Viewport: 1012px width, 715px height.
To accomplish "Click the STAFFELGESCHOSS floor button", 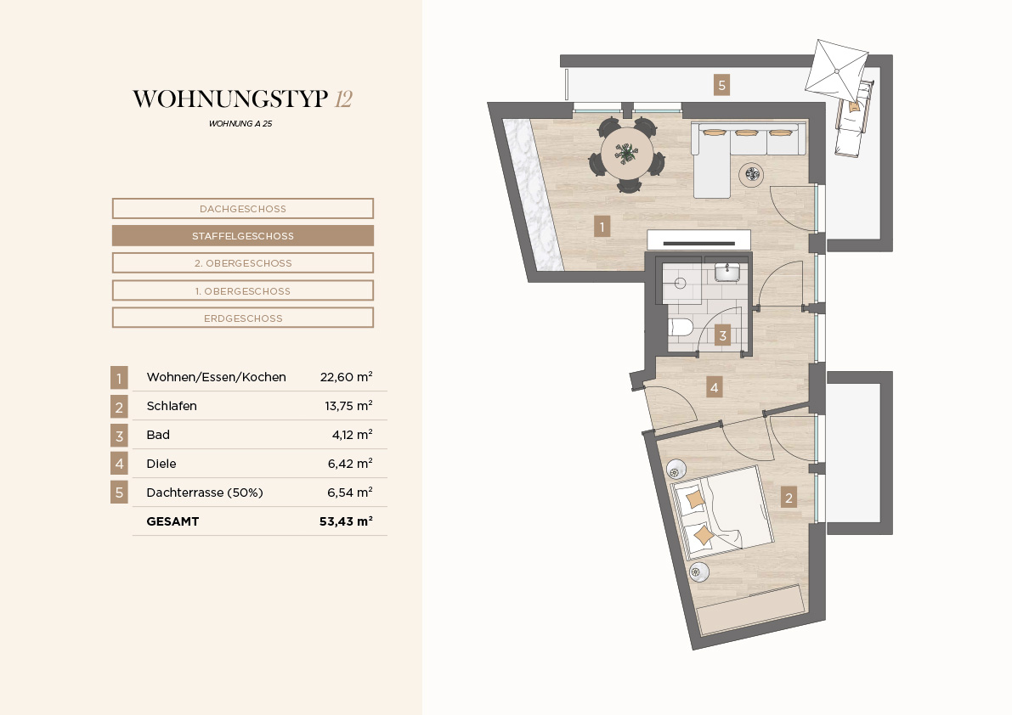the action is pos(243,236).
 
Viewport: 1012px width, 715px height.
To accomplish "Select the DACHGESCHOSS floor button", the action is pos(243,209).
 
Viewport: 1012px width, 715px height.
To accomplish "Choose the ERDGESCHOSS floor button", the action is pos(243,318).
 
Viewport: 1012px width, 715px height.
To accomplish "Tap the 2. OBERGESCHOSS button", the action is pos(243,263).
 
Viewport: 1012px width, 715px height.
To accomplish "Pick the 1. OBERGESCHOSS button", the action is pos(243,290).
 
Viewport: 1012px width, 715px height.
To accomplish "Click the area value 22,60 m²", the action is pos(346,377).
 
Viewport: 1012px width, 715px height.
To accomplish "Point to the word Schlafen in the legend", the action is pos(172,406).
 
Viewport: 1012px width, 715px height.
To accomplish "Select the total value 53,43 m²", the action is pos(346,521).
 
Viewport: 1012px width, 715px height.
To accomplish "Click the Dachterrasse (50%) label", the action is pos(205,493).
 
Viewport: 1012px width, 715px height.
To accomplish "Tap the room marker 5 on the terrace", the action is pos(721,84).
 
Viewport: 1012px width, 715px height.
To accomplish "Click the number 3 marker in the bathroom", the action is pos(723,335).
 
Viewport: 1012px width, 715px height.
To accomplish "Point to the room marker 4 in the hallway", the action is pos(714,387).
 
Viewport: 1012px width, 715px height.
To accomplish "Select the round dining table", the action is pos(627,154).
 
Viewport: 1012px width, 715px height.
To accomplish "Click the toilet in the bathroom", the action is pos(680,328).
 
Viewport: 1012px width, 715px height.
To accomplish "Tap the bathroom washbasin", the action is pos(727,272).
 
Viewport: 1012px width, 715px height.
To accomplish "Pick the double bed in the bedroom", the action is pos(721,512).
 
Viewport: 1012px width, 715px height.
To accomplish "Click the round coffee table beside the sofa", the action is pos(751,174).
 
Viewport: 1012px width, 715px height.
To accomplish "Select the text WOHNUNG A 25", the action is pos(240,124).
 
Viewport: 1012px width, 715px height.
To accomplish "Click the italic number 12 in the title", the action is pos(343,99).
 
